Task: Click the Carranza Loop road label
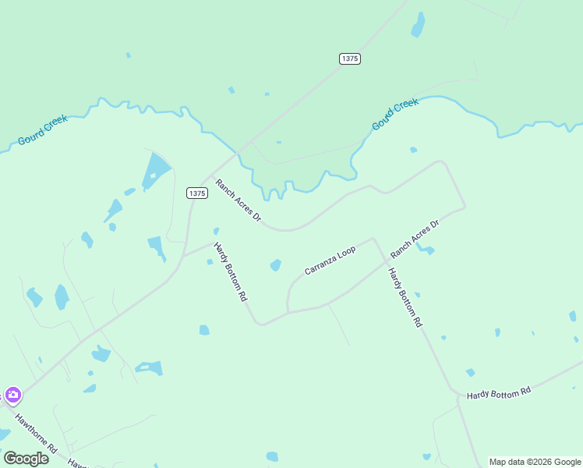(330, 261)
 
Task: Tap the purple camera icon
(12, 395)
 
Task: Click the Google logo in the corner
(26, 458)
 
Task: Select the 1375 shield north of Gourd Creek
(350, 58)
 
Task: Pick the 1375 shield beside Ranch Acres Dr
(197, 193)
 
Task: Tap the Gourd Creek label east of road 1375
(394, 114)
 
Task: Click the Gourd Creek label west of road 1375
(43, 131)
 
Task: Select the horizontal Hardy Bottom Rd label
(499, 393)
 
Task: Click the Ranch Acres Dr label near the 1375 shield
(238, 200)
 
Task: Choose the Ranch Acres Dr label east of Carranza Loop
(415, 239)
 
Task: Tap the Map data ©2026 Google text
(535, 462)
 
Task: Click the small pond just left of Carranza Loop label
(275, 265)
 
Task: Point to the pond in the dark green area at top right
(419, 25)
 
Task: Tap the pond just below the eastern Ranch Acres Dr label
(426, 250)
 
